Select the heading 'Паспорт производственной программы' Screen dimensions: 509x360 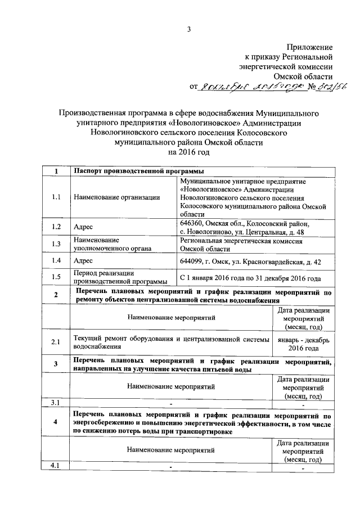coord(138,171)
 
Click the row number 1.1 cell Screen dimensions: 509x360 coord(55,197)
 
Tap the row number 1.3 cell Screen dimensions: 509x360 coord(55,244)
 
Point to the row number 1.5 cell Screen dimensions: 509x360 coord(55,277)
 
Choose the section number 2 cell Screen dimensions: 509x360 coord(55,296)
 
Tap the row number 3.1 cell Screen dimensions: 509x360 coord(55,402)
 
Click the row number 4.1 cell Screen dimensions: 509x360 coord(55,466)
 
